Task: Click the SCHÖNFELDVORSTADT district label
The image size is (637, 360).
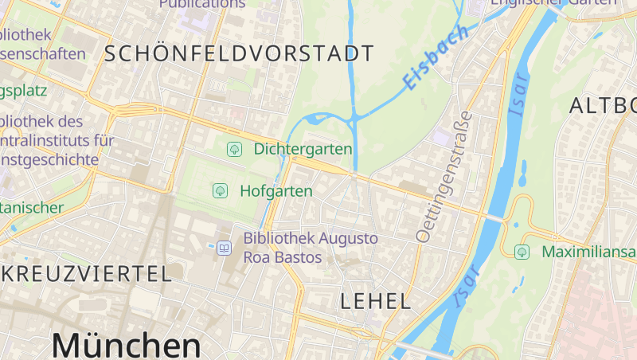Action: pyautogui.click(x=239, y=54)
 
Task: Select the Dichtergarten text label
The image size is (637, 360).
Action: pyautogui.click(x=303, y=149)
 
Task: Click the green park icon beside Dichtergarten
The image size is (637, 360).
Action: pyautogui.click(x=235, y=149)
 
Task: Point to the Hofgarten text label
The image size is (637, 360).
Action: pyautogui.click(x=276, y=191)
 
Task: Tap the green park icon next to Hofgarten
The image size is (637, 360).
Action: pyautogui.click(x=220, y=191)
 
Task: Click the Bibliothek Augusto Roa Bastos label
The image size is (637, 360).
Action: pyautogui.click(x=311, y=248)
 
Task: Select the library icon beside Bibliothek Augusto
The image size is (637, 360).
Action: pyautogui.click(x=225, y=248)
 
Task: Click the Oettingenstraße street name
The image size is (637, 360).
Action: pyautogui.click(x=444, y=176)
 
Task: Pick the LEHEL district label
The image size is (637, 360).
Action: pyautogui.click(x=376, y=301)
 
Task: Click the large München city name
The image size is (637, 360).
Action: pyautogui.click(x=126, y=345)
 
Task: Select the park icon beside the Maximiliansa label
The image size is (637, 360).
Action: pyautogui.click(x=522, y=252)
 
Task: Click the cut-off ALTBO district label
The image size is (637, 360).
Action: pyautogui.click(x=604, y=105)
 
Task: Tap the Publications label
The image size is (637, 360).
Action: pyautogui.click(x=202, y=4)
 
